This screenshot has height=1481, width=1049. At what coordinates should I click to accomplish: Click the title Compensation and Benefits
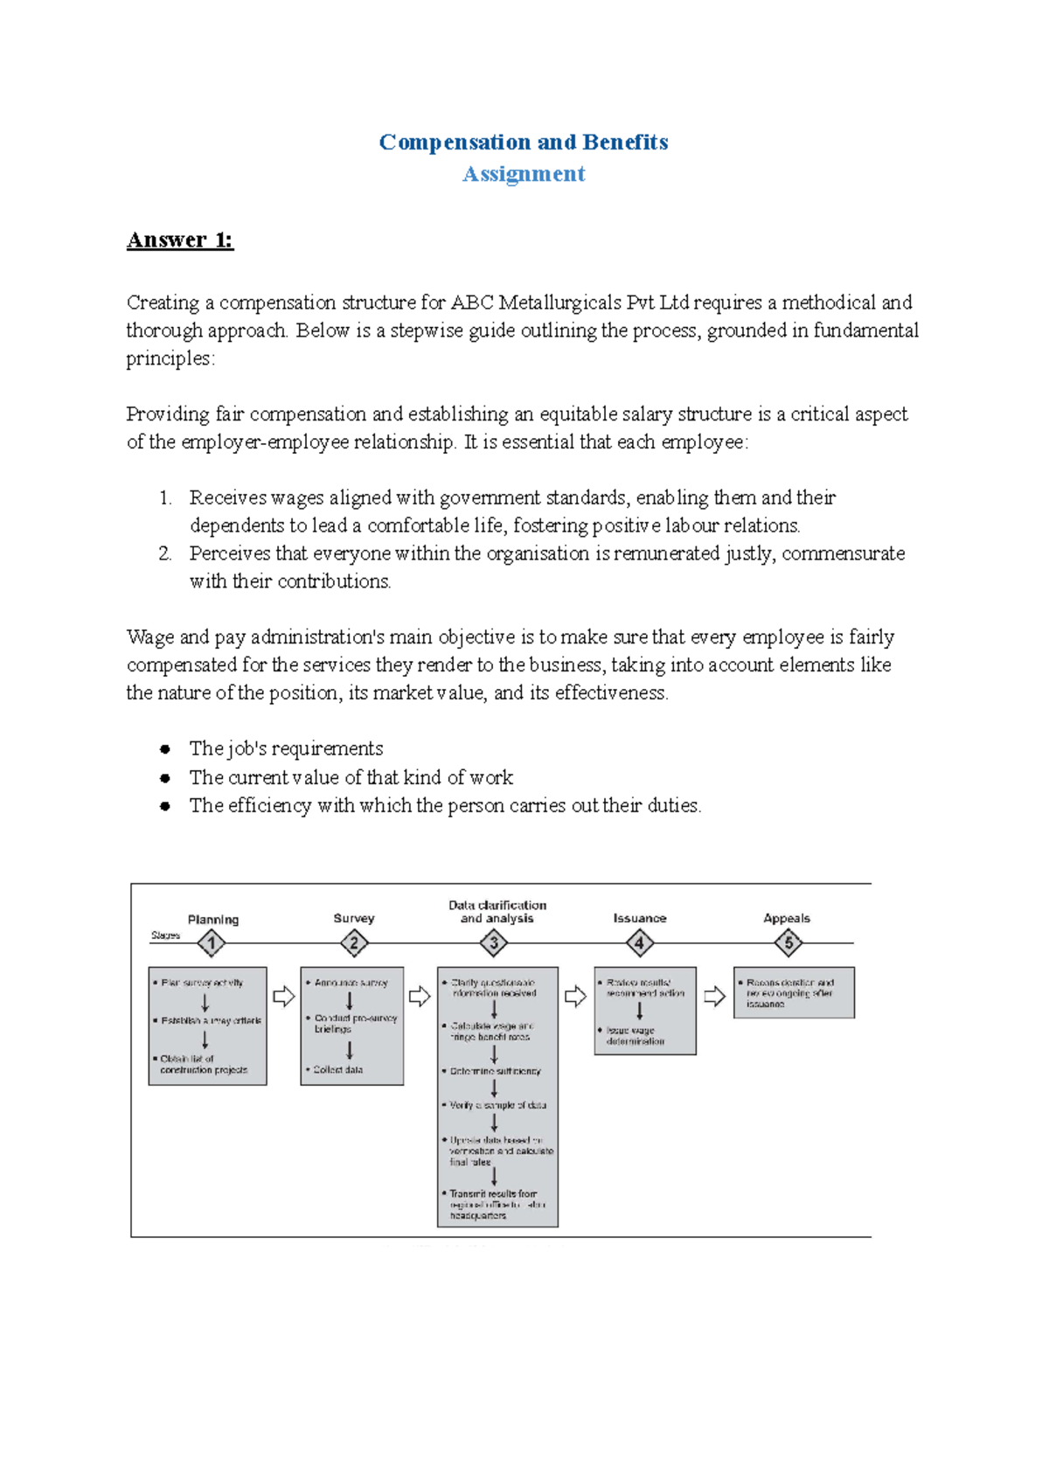[523, 142]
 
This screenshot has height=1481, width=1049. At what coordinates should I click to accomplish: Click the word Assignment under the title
[523, 174]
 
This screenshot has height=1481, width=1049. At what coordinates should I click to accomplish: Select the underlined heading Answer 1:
[180, 240]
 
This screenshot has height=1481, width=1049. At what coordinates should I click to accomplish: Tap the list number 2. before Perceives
[165, 553]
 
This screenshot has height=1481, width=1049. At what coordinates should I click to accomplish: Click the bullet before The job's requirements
[164, 749]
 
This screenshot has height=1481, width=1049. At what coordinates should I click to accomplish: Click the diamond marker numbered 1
[212, 943]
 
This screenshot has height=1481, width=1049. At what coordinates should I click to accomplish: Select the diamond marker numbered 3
[494, 943]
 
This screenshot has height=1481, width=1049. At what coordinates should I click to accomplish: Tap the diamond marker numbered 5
[788, 943]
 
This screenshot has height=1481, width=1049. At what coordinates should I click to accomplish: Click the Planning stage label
[212, 919]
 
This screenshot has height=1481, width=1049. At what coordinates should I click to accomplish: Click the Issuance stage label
[639, 918]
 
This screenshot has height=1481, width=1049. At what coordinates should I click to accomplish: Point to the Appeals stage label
[786, 918]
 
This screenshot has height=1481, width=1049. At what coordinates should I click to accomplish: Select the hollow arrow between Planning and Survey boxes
[283, 996]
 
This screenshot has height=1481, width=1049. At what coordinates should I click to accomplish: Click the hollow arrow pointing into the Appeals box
[714, 996]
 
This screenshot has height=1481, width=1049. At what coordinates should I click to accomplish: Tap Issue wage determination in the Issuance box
[636, 1036]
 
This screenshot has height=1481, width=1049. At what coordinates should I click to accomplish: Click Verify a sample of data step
[497, 1105]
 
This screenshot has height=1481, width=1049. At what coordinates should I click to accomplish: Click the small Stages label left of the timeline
[165, 935]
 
